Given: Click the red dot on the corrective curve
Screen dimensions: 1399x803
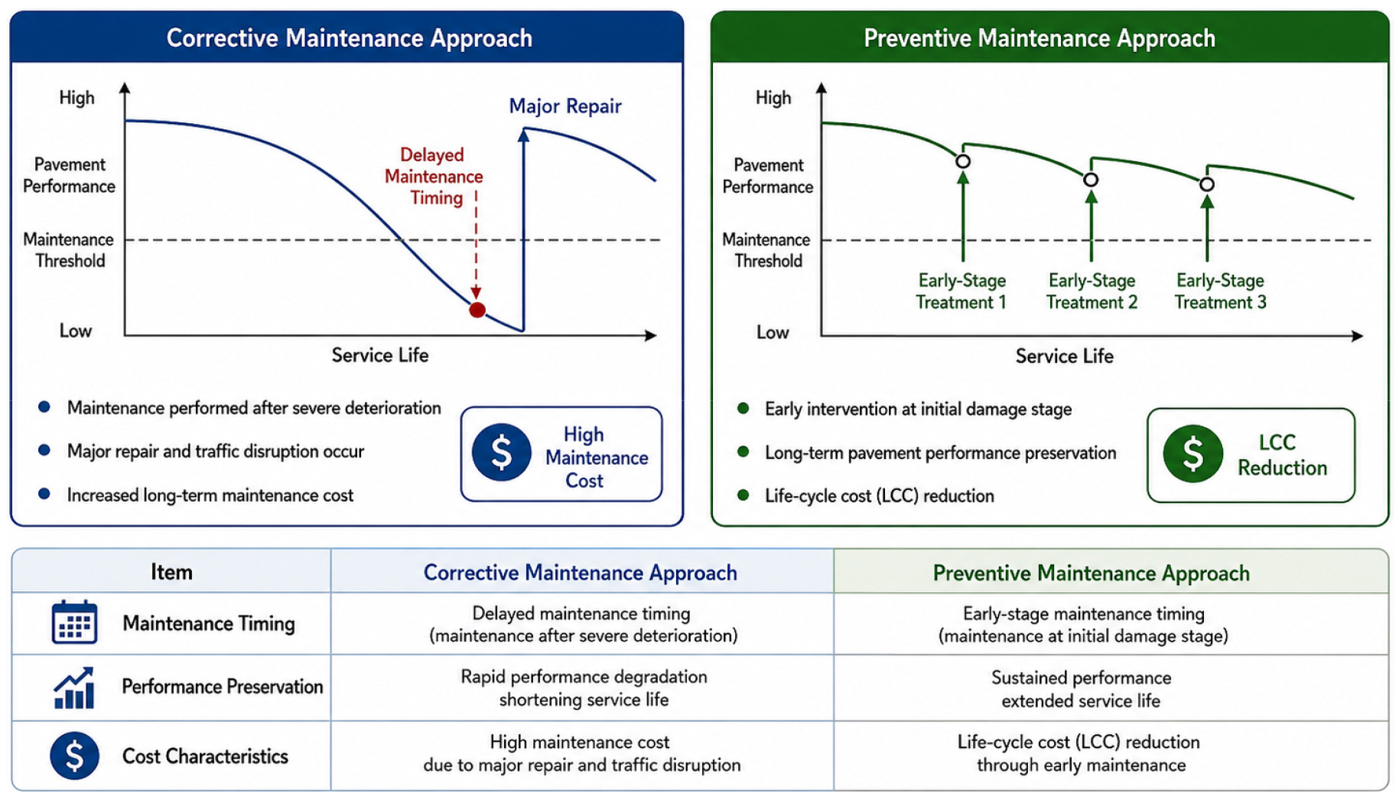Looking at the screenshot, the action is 477,310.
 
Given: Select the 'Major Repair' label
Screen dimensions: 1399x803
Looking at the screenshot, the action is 565,106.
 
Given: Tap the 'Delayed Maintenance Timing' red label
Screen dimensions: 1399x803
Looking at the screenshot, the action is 434,177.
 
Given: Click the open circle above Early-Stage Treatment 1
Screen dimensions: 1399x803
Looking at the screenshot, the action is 963,161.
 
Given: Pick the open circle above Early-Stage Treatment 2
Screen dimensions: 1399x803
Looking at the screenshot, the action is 1091,180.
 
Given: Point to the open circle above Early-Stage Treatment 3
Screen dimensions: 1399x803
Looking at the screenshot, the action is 1207,184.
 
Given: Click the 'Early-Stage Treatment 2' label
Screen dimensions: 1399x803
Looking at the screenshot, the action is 1092,291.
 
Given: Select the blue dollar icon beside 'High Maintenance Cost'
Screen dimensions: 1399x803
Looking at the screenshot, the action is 502,452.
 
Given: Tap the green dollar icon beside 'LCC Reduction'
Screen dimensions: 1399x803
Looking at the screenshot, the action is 1192,454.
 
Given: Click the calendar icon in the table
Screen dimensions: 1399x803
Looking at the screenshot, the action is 74,622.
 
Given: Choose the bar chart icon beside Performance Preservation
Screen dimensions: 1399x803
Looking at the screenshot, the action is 74,688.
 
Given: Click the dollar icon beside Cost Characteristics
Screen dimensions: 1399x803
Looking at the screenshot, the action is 74,756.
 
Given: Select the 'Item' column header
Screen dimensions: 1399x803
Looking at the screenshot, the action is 171,572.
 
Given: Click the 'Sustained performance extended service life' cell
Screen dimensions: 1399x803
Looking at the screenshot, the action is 1081,690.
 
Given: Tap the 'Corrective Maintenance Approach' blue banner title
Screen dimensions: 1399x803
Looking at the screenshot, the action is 350,38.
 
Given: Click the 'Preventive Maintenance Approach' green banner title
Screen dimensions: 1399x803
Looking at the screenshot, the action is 1039,38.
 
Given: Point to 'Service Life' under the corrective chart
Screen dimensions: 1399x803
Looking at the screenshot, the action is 380,356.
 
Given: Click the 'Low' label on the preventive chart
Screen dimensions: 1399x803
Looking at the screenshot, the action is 773,333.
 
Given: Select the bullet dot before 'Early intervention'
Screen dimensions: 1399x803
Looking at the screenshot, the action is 743,408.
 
